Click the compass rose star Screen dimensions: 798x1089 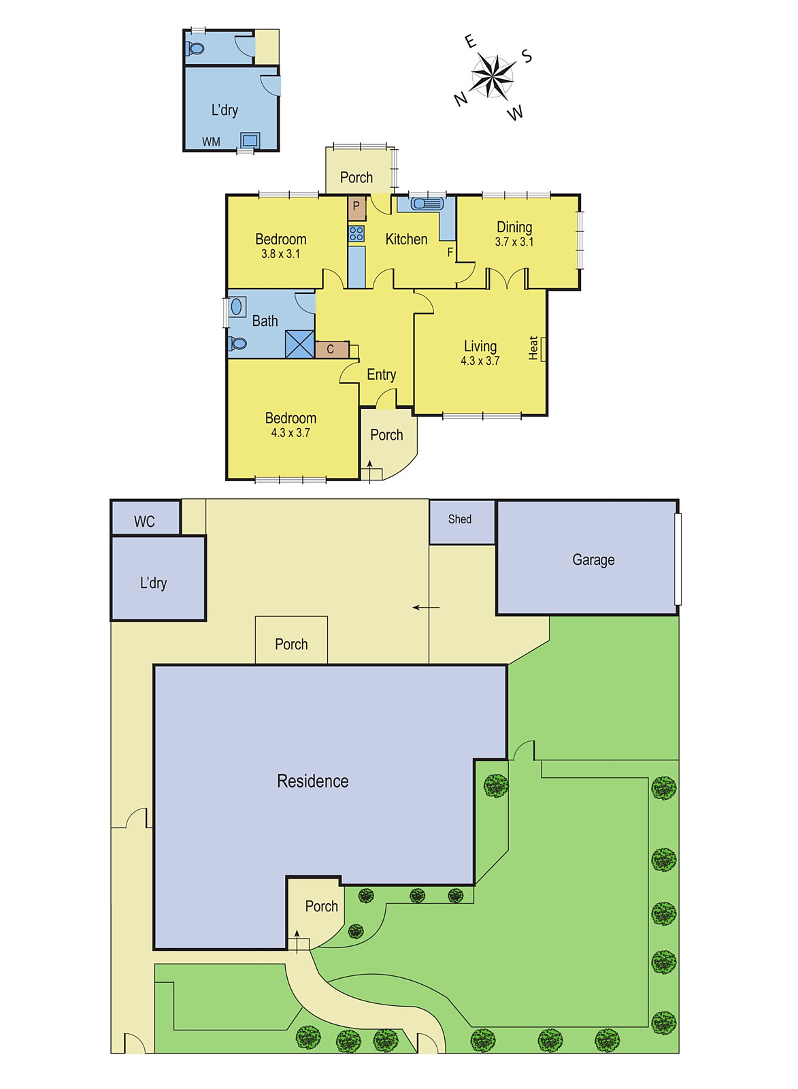493,76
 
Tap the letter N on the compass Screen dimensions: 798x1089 461,99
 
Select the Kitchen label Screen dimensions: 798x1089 406,239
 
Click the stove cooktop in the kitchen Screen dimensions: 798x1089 356,234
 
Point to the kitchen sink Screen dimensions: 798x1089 427,204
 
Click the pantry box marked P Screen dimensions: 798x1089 356,208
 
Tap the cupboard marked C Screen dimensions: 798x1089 331,350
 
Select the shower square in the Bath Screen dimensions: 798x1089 299,344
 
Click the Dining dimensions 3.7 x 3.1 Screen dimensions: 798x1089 514,242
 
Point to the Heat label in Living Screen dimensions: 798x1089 533,348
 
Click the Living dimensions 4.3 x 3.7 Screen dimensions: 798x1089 480,361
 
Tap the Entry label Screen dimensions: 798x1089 382,375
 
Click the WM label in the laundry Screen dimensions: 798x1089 211,142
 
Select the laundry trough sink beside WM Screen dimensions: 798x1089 250,140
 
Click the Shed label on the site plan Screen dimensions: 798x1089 460,519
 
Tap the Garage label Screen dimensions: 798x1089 593,560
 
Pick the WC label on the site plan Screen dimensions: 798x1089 144,521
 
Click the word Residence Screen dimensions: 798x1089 312,781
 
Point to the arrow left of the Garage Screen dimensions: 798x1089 427,607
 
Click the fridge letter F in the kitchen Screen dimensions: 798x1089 450,253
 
